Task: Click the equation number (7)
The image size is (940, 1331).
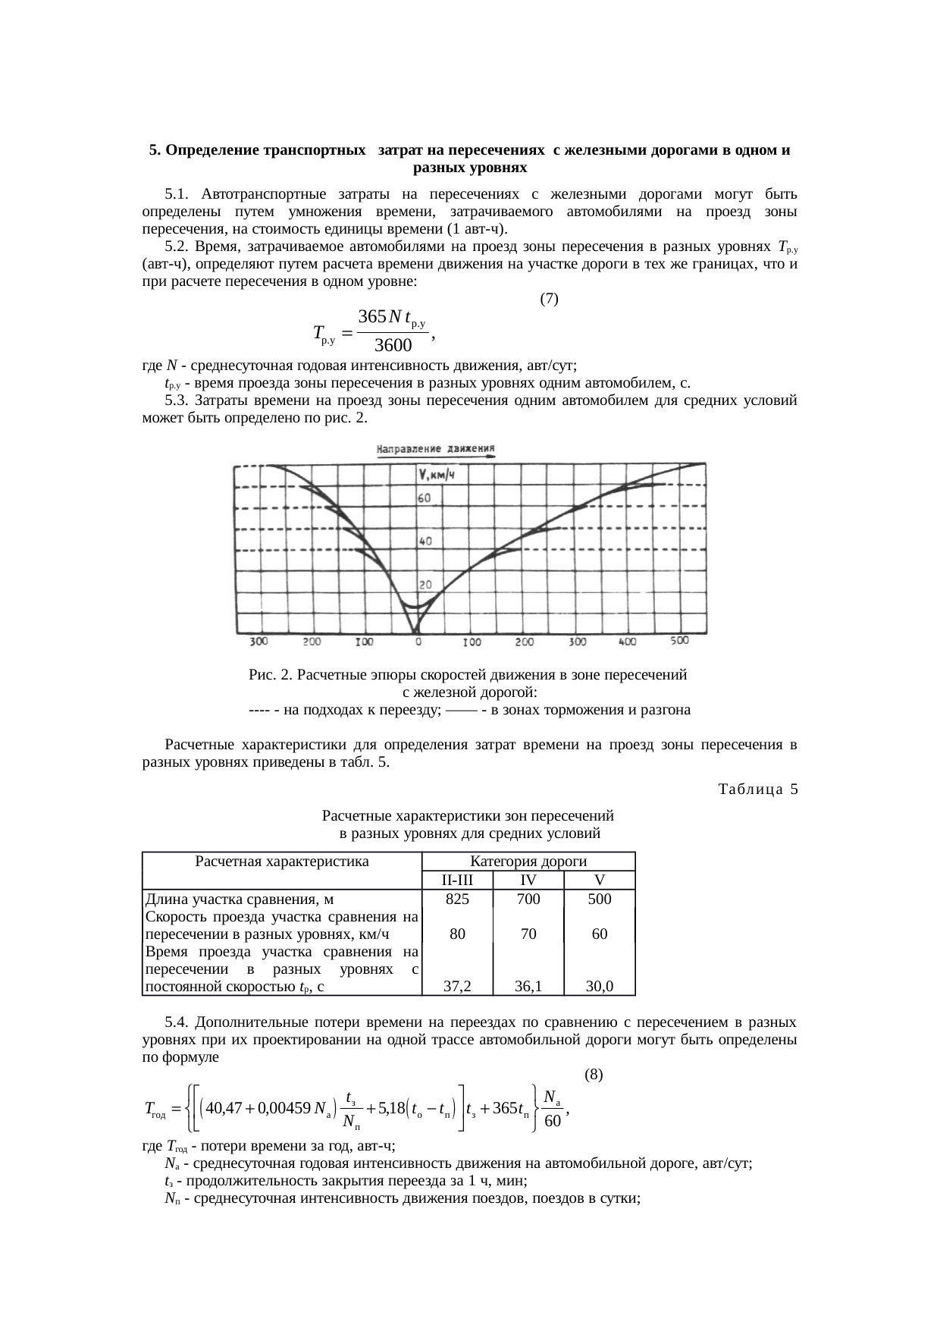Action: click(x=549, y=299)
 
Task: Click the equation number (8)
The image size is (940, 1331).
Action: click(x=594, y=1075)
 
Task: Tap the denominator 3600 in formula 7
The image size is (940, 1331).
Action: click(x=393, y=346)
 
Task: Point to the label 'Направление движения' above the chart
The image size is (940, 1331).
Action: click(x=436, y=448)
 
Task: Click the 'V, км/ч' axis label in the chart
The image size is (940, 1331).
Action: click(x=436, y=476)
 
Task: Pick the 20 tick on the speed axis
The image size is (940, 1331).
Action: click(x=425, y=585)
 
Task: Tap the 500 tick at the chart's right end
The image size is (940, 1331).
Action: click(x=679, y=641)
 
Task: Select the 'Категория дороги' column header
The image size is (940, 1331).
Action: click(x=528, y=862)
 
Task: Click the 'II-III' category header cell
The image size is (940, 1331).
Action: click(x=457, y=881)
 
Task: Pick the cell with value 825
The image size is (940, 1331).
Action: click(x=457, y=899)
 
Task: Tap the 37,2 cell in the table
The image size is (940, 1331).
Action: click(x=457, y=987)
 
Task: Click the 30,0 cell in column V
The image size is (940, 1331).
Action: click(x=600, y=987)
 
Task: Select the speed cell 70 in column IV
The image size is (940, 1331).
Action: click(x=528, y=934)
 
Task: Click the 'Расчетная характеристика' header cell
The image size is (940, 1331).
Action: click(x=282, y=862)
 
